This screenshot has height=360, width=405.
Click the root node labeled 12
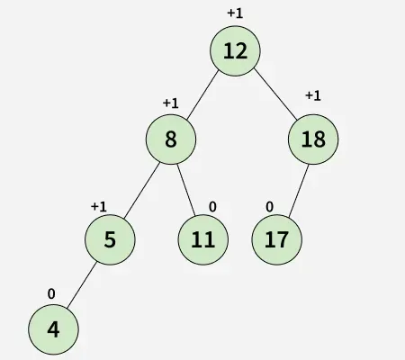coord(235,51)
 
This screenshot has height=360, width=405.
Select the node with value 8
coord(171,139)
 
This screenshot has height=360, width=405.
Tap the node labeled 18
coord(313,139)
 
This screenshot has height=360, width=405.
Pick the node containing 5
coord(110,239)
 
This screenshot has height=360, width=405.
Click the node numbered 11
coord(203,239)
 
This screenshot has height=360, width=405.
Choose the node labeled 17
coord(276,239)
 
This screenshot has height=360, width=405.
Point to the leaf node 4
coord(53,329)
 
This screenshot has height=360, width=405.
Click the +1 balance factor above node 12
coord(235,13)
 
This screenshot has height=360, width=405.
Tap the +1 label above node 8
coord(171,103)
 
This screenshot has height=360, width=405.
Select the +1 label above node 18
coord(313,95)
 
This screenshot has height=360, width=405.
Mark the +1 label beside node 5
coord(99,207)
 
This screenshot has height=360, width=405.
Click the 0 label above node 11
coord(212,207)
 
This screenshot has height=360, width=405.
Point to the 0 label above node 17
coord(269,207)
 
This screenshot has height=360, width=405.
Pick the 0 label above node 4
coord(51,293)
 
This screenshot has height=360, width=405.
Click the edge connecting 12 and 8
coord(202,94)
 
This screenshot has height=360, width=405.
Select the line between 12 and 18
coord(275,94)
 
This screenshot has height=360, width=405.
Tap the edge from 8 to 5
coord(142,190)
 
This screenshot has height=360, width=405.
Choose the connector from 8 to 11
coord(186,190)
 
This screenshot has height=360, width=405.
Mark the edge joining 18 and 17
coord(299,191)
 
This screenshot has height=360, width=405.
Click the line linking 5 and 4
coord(82,285)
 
